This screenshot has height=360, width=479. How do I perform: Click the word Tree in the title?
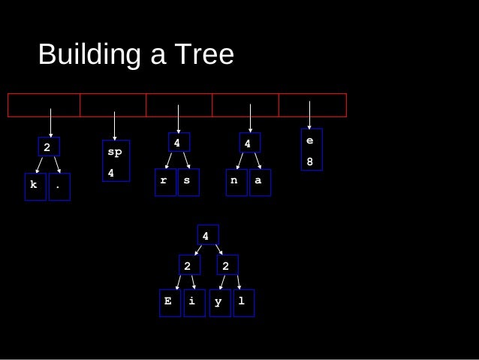[x=205, y=54]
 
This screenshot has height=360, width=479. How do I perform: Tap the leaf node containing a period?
[x=59, y=186]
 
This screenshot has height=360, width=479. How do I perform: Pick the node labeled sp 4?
[x=116, y=162]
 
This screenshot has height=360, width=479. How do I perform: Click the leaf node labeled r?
[x=165, y=182]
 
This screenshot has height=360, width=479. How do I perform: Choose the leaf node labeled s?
[x=188, y=182]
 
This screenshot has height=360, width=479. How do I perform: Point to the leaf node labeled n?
[x=236, y=182]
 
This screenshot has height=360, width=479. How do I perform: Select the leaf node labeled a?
[x=260, y=182]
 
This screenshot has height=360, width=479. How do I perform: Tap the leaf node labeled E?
[x=169, y=302]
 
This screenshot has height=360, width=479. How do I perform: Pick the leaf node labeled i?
[x=194, y=302]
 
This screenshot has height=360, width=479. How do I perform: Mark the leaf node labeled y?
[x=219, y=302]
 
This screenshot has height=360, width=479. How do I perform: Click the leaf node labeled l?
[x=243, y=302]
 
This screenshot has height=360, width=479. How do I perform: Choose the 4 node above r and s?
[x=178, y=142]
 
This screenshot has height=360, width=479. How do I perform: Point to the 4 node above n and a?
[x=249, y=142]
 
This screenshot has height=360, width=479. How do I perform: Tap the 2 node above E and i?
[x=188, y=265]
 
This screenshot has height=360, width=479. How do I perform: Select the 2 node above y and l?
[x=227, y=265]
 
